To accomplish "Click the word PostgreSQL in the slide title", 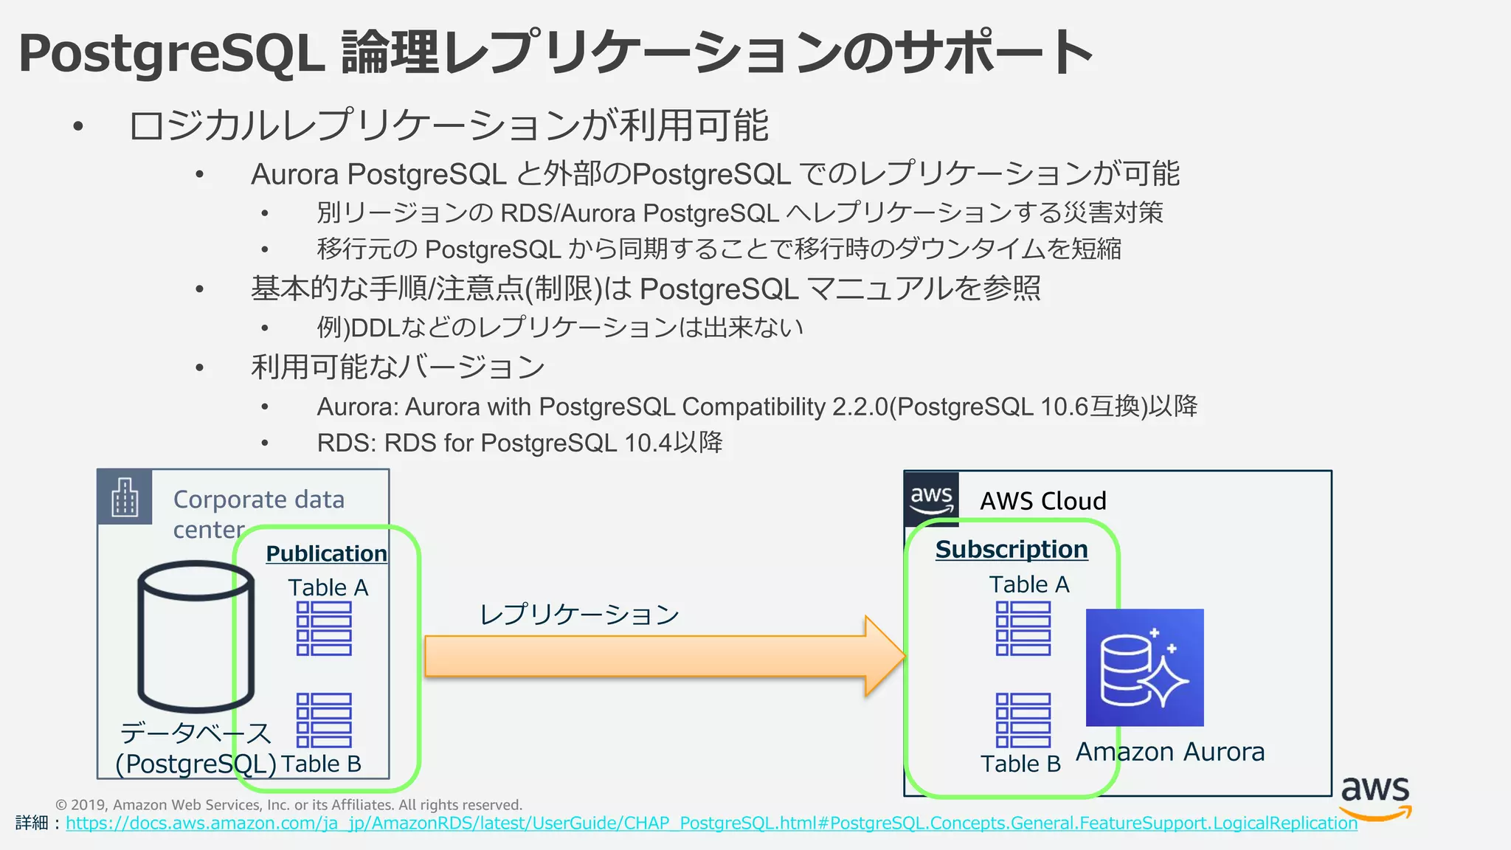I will (x=171, y=53).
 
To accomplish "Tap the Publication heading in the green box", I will (x=326, y=553).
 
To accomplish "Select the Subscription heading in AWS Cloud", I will (x=1012, y=549).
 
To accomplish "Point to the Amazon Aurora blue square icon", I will (x=1144, y=667).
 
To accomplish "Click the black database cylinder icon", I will (x=196, y=636).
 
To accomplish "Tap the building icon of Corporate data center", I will (x=125, y=497).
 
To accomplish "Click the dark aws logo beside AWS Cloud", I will (x=931, y=498).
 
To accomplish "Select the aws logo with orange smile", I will (x=1375, y=797).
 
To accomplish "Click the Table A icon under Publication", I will (x=324, y=628).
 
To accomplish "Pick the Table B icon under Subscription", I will (x=1023, y=720).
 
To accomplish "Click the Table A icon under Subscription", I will (x=1023, y=628).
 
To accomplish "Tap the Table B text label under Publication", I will (x=321, y=764).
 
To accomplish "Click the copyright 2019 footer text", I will (x=288, y=804).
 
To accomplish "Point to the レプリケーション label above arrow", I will (x=579, y=614).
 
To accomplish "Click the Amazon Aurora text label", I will (x=1170, y=752).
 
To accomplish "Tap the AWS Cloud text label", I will (x=1043, y=501).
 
